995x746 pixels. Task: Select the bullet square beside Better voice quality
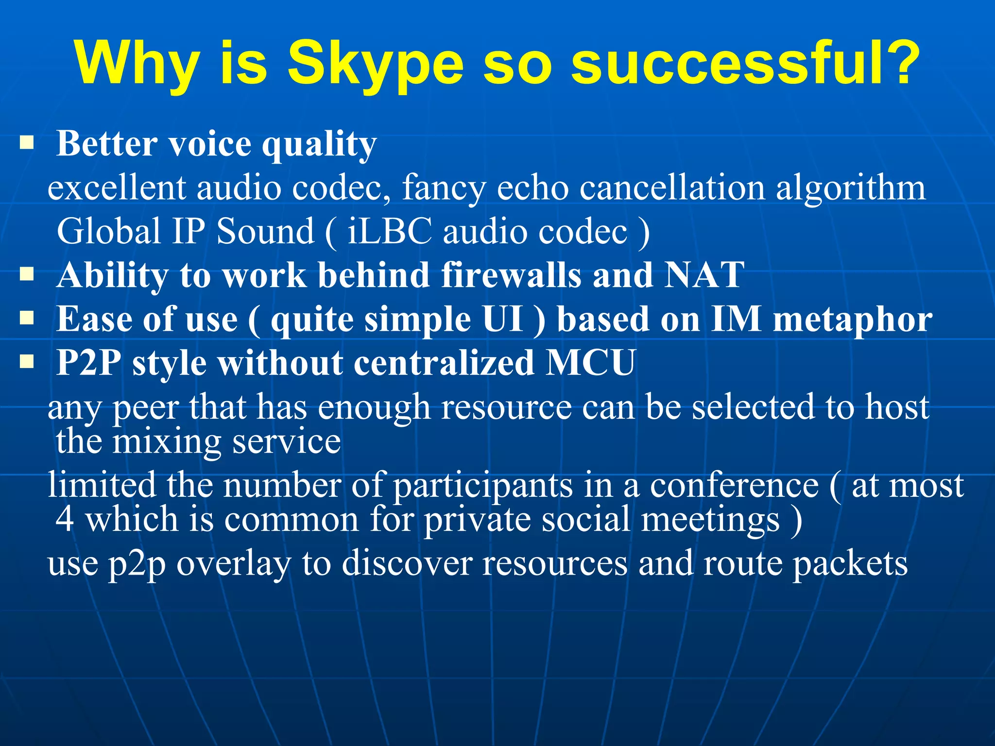coord(27,143)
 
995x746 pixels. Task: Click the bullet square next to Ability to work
coord(27,274)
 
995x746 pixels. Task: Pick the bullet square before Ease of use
coord(27,319)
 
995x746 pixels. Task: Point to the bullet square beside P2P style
coord(27,362)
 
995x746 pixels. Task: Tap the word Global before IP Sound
coord(109,231)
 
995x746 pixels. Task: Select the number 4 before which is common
coord(65,519)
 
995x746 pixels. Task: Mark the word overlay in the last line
coord(233,564)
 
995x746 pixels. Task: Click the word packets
coord(850,564)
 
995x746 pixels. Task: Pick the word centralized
coord(444,362)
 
